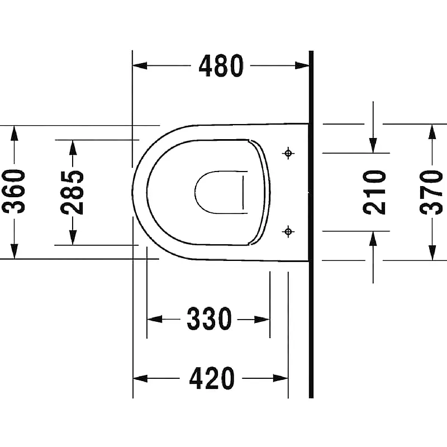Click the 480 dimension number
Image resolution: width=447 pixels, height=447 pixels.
pyautogui.click(x=221, y=66)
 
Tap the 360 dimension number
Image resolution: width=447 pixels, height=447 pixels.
pyautogui.click(x=13, y=191)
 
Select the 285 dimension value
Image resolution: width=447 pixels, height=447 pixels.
pyautogui.click(x=72, y=192)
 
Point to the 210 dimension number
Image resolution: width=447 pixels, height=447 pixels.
pyautogui.click(x=374, y=192)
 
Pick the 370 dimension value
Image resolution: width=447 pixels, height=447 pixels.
pyautogui.click(x=431, y=192)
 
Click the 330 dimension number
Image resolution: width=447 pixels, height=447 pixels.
pyautogui.click(x=209, y=318)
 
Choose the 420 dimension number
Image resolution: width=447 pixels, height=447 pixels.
pyautogui.click(x=212, y=379)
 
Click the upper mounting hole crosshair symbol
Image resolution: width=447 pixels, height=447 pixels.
pyautogui.click(x=288, y=153)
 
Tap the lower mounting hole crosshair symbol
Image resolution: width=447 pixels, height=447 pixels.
pyautogui.click(x=288, y=231)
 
